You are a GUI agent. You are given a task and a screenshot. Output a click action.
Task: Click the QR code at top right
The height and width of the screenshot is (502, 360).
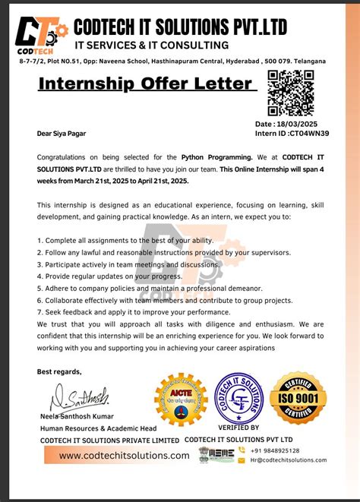[x=291, y=93]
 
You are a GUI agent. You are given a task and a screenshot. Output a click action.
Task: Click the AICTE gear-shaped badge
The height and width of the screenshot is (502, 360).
[x=181, y=399]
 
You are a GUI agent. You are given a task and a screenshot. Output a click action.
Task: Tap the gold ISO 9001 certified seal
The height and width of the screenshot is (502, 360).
[x=299, y=399]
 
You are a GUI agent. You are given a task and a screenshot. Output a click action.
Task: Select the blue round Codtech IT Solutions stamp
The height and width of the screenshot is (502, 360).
[x=240, y=399]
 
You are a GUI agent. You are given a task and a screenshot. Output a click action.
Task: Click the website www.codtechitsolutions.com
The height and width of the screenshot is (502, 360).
[x=125, y=455]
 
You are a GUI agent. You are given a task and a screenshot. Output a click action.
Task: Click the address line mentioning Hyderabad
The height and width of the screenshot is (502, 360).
[x=163, y=61]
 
